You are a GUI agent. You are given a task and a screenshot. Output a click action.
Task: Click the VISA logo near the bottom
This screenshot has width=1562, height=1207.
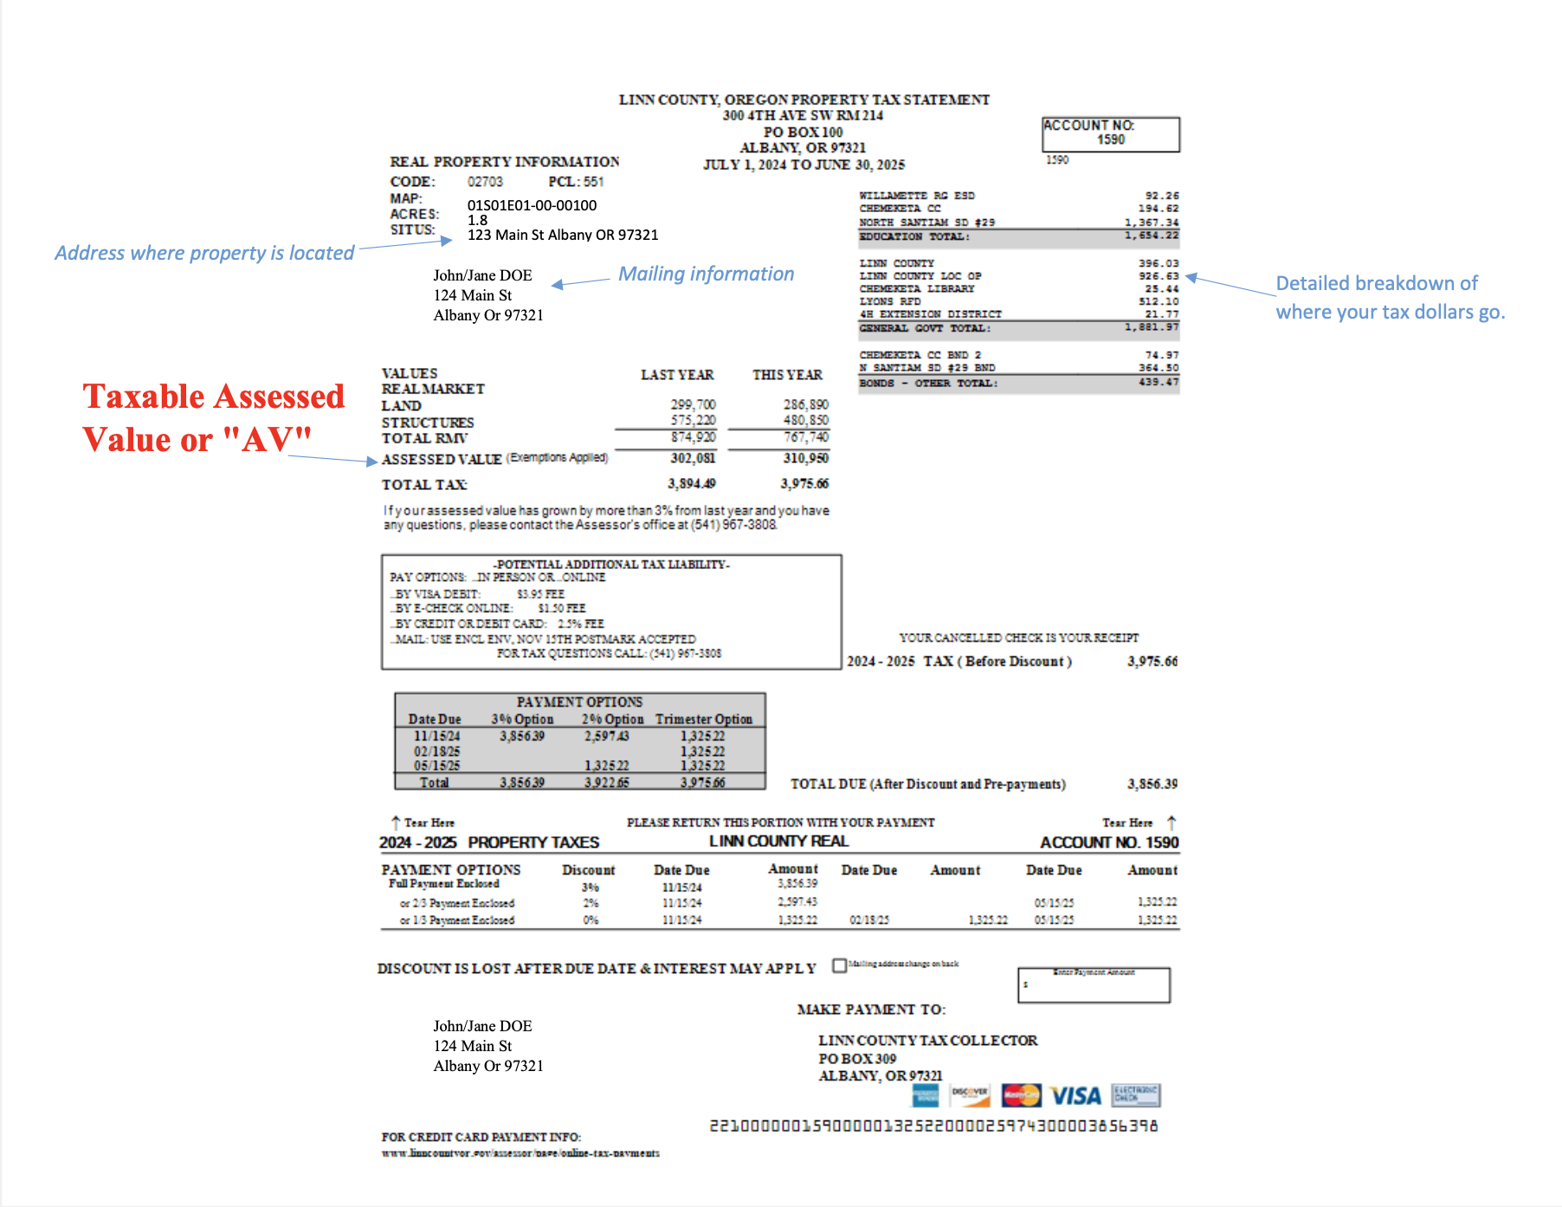(1075, 1096)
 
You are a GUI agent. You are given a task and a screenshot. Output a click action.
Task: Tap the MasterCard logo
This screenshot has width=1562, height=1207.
(1021, 1095)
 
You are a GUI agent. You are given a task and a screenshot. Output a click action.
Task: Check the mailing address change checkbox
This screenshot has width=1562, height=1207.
(839, 965)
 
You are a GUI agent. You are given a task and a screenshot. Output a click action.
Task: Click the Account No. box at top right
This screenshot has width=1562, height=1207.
(1110, 133)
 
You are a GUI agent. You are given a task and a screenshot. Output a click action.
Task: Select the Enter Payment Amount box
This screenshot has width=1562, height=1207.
(1094, 985)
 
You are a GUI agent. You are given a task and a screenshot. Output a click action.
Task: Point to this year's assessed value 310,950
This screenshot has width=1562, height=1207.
(805, 458)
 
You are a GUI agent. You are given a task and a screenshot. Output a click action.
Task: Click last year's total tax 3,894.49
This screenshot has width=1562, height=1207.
(691, 483)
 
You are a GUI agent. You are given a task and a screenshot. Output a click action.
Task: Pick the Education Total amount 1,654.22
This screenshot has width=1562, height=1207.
(1152, 236)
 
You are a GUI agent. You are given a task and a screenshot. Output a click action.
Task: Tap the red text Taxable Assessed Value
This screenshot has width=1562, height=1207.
(213, 417)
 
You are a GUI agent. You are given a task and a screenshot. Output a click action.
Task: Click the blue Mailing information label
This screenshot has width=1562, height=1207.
(706, 274)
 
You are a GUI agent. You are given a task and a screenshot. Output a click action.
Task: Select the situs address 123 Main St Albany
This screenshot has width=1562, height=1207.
(563, 235)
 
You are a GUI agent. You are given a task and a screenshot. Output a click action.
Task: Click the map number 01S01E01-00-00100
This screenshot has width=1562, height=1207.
(532, 205)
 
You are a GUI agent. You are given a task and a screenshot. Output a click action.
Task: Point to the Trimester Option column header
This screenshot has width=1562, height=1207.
(703, 720)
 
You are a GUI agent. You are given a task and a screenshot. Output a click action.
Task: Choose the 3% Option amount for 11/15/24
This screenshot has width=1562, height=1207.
(521, 736)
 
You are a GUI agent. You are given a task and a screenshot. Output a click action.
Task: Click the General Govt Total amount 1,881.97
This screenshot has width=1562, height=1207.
(1152, 327)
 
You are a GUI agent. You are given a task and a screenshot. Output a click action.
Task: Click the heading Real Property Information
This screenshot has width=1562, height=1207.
(504, 162)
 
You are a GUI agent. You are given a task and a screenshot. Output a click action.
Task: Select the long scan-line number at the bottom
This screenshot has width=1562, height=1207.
(933, 1126)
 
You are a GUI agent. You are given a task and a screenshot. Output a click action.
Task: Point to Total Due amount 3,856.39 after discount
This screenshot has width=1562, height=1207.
(1152, 784)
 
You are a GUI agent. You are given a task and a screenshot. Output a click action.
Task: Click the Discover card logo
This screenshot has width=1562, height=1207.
(970, 1095)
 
